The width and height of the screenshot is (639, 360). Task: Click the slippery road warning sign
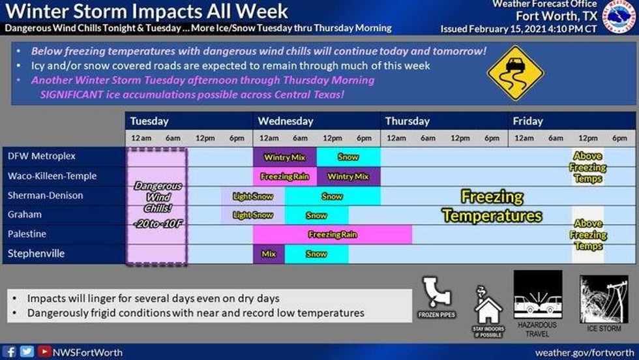point(515,72)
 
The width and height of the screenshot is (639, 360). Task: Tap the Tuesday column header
point(149,121)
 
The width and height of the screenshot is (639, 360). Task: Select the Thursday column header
point(408,121)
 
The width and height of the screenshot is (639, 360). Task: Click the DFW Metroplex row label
point(42,157)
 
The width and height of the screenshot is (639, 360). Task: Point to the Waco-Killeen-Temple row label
point(52,176)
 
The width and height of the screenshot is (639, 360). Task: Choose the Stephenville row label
point(37,254)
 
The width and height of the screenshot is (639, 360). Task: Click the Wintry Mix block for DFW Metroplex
point(284,157)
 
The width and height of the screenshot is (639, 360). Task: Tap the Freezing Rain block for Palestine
point(332,234)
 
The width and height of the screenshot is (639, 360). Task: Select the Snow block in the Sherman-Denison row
point(332,196)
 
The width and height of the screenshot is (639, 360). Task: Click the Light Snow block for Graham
point(253,215)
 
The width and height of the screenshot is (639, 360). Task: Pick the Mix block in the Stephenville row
point(269,254)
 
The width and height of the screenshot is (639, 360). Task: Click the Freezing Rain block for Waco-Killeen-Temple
point(284,176)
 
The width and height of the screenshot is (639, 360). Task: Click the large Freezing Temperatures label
point(492,206)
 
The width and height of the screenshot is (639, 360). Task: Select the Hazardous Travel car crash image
point(537,295)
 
